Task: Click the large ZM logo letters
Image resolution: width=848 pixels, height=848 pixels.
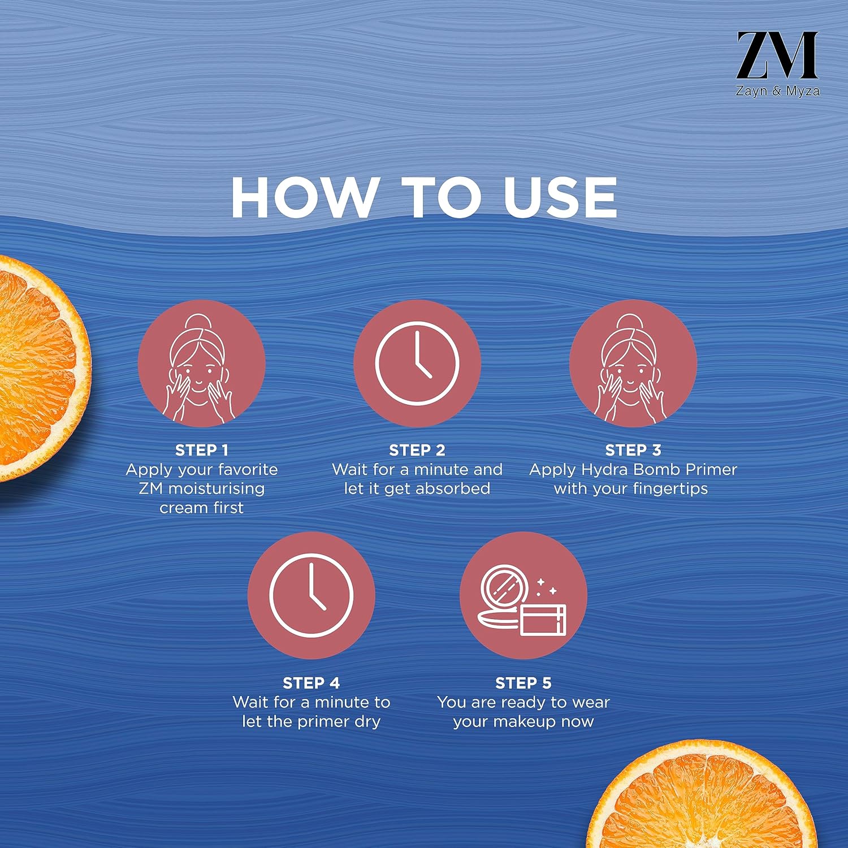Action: pos(777,55)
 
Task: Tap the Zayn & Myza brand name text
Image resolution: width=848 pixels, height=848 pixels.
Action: pos(777,91)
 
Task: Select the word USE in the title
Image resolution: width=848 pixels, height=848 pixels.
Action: pos(560,197)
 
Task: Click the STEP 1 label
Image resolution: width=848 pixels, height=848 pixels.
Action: pos(202,450)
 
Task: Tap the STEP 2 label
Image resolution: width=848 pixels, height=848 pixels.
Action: pos(417,450)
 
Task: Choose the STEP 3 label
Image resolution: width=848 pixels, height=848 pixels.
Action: pos(633,450)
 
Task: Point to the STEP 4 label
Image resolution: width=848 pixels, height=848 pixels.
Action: pos(311,683)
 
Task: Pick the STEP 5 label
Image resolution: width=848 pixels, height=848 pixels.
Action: pos(523,683)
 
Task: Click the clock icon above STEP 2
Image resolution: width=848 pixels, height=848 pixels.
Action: pos(417,364)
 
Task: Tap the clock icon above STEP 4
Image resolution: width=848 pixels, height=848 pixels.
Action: pos(311,595)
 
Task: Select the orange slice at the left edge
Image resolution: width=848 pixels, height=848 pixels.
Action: pos(40,367)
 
